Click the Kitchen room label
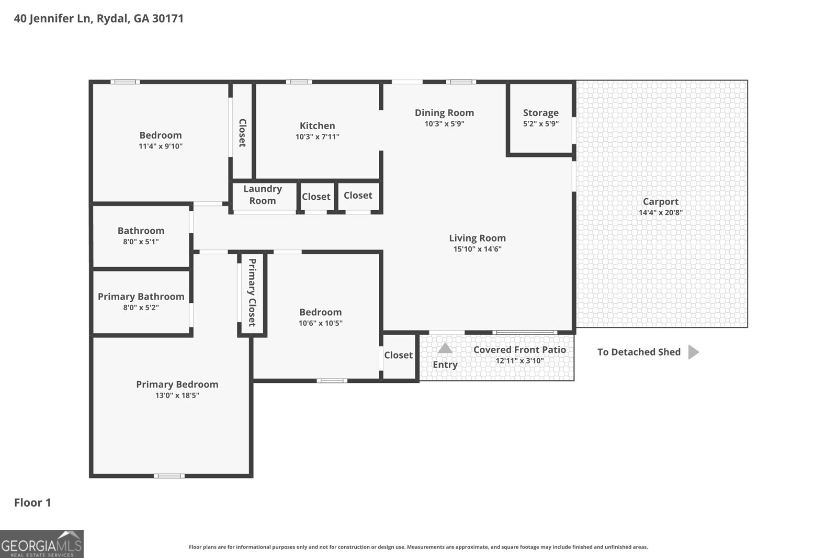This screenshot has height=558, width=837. coord(317,126)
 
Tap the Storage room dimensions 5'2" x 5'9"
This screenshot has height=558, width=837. coord(540,124)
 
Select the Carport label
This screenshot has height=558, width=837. coord(660,201)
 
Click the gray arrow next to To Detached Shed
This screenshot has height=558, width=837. coord(693,352)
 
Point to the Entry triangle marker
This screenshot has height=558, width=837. coord(445,348)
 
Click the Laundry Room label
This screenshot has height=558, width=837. coord(263,195)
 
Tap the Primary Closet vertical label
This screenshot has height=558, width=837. coord(252,292)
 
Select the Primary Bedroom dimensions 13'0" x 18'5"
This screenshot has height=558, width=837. coord(177,395)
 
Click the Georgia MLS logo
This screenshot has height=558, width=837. coord(42,544)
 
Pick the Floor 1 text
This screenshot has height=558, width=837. coord(32,503)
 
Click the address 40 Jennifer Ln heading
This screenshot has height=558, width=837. coord(98,18)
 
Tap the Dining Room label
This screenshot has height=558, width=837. coord(444,112)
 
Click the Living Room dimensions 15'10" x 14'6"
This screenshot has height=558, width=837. coord(477,249)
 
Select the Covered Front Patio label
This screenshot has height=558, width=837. coord(519,350)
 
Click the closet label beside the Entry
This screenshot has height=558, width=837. coord(398,355)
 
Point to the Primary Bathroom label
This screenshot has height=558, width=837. coord(141,297)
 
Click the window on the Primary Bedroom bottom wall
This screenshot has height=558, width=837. coord(169,476)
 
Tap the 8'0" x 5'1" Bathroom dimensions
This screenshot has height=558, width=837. coord(141,242)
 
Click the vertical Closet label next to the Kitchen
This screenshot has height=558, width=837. coord(242,133)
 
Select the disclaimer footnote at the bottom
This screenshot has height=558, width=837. coord(418,547)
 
